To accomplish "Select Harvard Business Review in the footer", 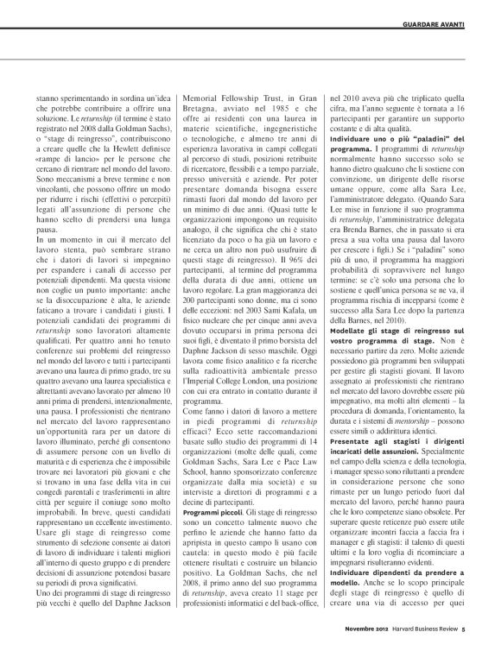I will pyautogui.click(x=441, y=639).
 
